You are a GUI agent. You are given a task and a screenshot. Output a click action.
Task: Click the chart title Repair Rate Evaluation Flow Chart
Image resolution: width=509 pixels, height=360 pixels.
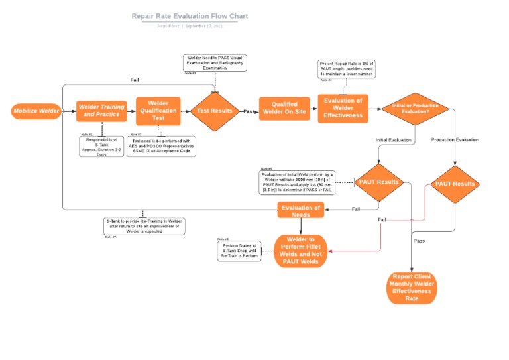coord(190,16)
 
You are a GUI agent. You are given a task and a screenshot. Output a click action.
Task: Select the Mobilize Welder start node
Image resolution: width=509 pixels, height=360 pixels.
coord(36,111)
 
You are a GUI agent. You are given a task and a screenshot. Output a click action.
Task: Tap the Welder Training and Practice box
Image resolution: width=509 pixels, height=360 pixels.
coord(101,111)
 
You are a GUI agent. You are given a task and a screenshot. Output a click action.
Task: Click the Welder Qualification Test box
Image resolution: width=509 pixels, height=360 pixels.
coord(158,111)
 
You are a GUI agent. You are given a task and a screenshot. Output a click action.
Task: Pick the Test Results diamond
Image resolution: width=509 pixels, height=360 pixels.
coord(215,111)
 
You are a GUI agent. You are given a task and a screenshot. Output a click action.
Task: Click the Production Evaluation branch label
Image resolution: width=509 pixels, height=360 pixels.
coord(455,140)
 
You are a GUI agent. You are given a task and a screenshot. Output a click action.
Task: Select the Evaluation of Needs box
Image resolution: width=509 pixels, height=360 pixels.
coord(301,211)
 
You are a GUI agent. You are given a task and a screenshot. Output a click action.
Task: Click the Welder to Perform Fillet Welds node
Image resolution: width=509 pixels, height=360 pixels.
coord(301,251)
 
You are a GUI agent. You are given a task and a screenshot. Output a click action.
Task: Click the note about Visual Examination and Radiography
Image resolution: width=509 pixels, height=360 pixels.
coord(215,63)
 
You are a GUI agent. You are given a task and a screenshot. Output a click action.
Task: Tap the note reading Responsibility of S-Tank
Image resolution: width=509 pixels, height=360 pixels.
coord(101,147)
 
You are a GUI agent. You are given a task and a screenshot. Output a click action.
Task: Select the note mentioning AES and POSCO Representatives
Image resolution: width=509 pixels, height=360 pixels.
coord(161,146)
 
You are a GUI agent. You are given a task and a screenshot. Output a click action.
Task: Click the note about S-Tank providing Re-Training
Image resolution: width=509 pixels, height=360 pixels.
coord(144,225)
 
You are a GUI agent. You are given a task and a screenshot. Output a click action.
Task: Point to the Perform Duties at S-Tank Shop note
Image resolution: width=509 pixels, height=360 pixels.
coord(240,251)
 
